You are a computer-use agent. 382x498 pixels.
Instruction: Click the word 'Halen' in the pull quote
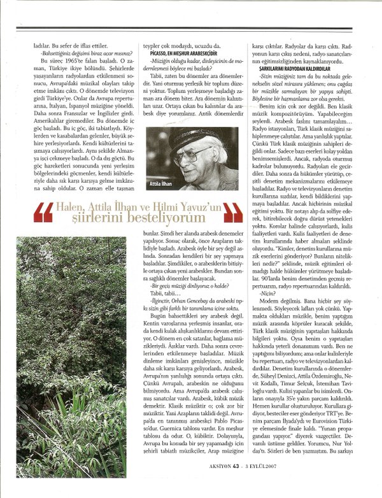coord(69,207)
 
